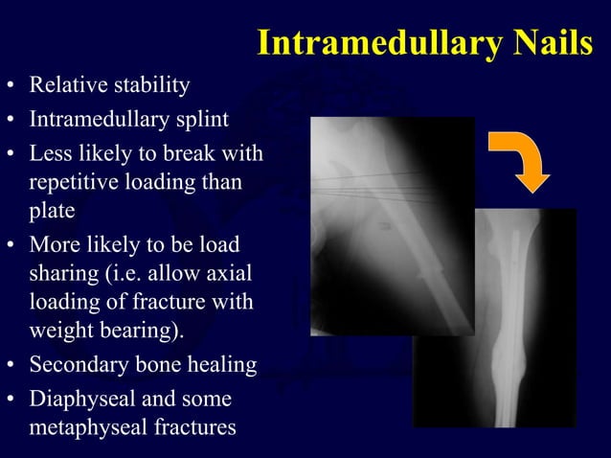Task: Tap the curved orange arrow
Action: [x=521, y=159]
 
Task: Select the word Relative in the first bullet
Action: [x=65, y=86]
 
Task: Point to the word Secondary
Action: [x=76, y=365]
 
